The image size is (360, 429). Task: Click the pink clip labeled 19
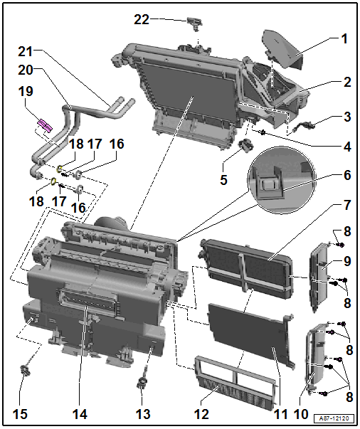[43, 126]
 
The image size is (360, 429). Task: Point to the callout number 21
[26, 52]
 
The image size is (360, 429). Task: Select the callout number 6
[347, 175]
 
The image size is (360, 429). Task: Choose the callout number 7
[347, 205]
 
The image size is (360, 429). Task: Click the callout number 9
[347, 261]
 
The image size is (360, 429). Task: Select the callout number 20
[26, 70]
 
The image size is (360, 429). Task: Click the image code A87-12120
[337, 419]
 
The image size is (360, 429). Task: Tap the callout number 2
[347, 82]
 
